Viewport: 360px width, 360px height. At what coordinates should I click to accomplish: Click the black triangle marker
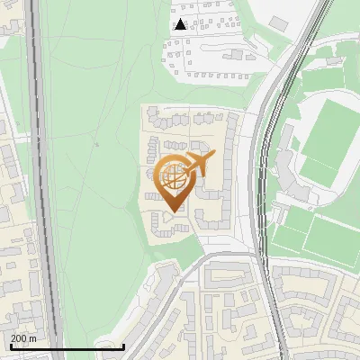pos(181,24)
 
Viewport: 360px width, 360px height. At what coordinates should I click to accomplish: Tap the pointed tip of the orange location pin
pos(173,211)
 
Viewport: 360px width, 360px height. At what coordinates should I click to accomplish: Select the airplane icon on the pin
pos(196,165)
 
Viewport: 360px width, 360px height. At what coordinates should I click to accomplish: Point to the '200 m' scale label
pos(23,337)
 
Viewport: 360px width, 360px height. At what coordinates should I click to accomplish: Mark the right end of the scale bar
pos(123,346)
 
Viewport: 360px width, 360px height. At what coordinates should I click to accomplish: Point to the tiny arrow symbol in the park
pos(95,144)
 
